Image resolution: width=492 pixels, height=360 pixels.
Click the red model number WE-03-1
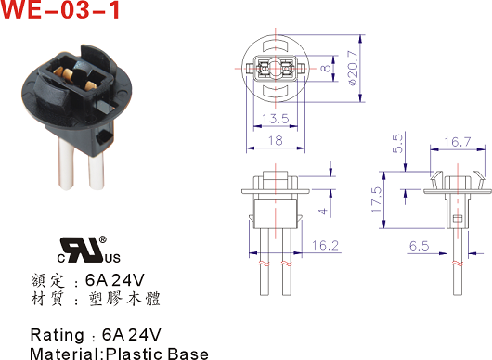[x=60, y=10]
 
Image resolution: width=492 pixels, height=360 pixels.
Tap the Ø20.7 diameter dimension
[x=353, y=68]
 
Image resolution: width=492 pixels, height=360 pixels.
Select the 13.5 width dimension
[x=275, y=119]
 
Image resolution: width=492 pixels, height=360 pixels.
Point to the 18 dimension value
[x=275, y=140]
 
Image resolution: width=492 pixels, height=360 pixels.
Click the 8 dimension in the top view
[x=326, y=68]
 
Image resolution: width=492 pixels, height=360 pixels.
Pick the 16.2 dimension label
[x=326, y=245]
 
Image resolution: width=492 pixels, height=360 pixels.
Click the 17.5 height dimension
[x=377, y=199]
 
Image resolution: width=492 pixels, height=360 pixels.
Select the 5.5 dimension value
[x=397, y=144]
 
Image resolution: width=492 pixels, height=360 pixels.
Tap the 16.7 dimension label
[x=457, y=142]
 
